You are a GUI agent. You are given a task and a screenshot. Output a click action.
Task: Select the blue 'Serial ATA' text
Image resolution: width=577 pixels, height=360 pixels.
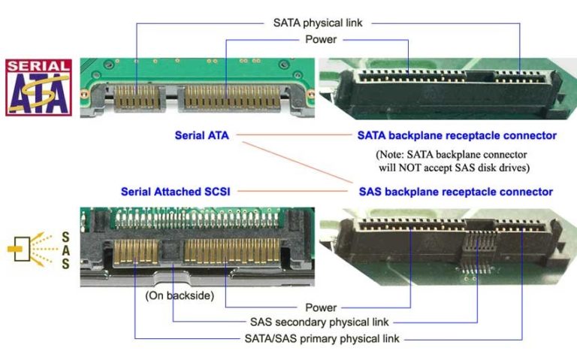point(201,136)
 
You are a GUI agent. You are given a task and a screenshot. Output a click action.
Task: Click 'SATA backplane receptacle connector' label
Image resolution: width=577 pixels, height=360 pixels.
point(456,136)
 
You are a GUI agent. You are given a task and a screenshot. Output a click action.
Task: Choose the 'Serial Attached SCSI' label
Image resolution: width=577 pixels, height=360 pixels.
point(175,191)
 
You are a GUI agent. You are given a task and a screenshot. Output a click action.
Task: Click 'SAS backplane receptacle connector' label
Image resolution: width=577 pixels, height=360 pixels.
point(456,191)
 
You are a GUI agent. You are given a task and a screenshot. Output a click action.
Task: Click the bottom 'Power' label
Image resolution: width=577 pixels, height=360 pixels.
point(321,307)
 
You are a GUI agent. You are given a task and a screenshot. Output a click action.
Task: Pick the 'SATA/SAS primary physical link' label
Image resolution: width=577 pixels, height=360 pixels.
point(322,337)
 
